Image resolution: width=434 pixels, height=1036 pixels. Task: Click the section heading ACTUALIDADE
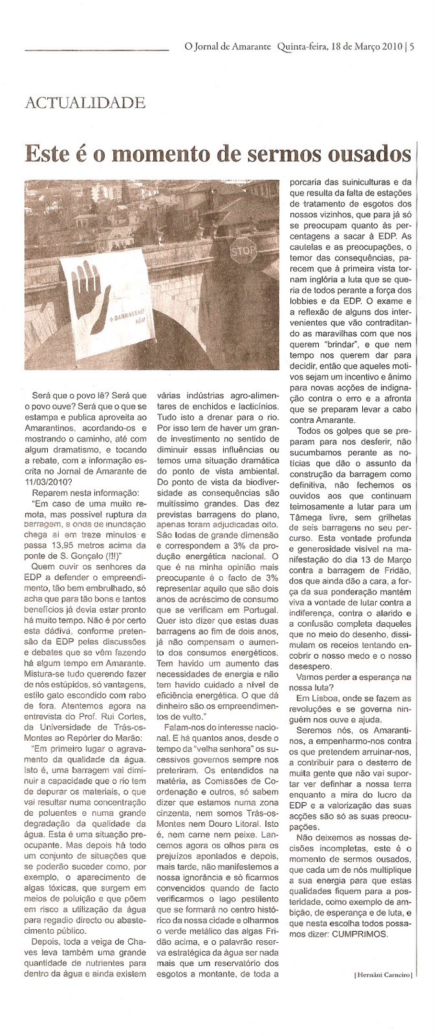pos(84,102)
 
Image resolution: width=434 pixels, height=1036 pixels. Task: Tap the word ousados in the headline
pos(368,155)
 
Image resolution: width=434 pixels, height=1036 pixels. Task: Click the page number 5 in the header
pos(412,46)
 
